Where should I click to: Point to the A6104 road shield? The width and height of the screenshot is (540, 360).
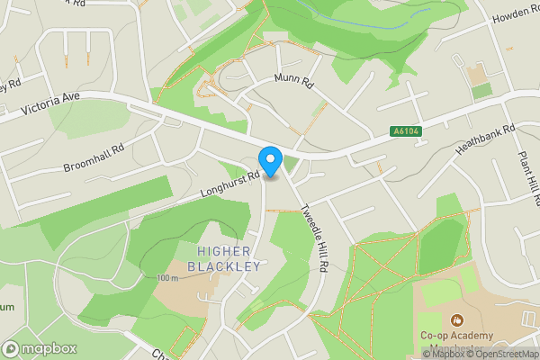coord(407,131)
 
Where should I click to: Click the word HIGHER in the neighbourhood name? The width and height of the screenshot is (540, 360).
coord(224,251)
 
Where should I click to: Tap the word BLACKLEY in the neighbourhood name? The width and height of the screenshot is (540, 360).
coord(224,266)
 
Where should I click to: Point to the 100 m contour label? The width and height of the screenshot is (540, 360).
coord(167,277)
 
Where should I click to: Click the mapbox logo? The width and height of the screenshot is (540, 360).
coord(39,348)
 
